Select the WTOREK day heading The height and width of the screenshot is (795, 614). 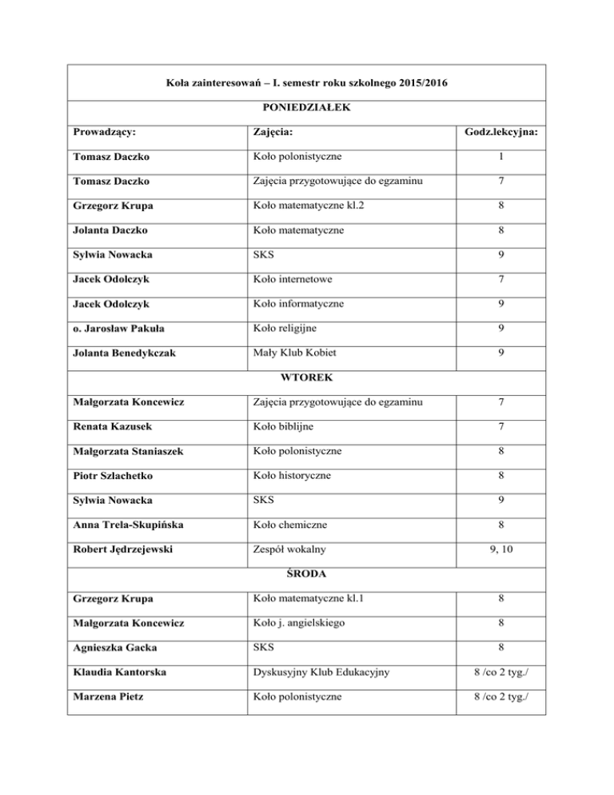[308, 376]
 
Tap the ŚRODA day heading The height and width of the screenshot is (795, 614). [308, 573]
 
